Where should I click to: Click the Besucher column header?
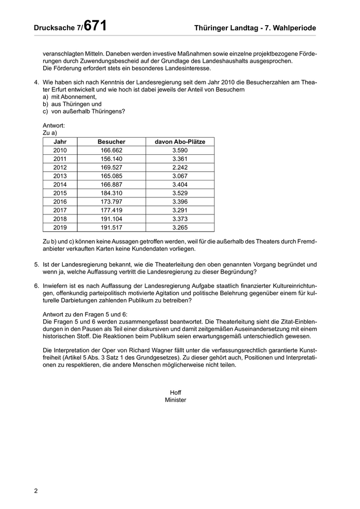coord(112,141)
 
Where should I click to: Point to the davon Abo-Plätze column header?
coord(180,141)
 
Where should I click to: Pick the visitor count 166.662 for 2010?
coord(112,150)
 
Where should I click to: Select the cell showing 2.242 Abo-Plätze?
coord(180,167)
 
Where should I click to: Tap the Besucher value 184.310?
coord(112,193)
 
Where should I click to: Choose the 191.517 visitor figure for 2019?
coord(112,227)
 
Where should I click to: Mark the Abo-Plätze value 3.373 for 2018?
coord(180,219)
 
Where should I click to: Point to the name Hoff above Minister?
coord(175,392)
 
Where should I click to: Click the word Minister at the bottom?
coord(175,399)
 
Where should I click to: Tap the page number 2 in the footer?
coord(36,490)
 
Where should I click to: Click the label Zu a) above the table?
coord(50,133)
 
